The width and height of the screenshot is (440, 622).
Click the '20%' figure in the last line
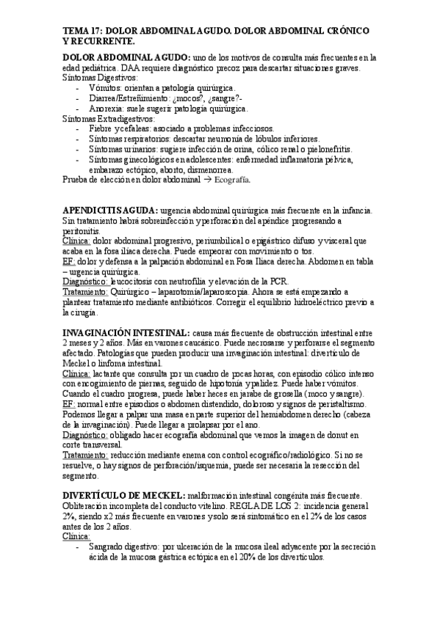pos(227,558)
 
